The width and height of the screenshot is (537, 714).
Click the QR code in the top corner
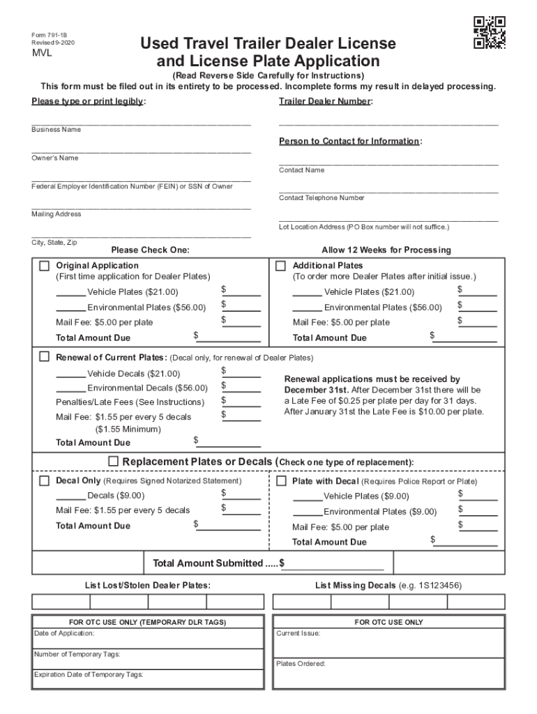(x=490, y=32)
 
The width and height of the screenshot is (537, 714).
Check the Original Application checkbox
(x=45, y=266)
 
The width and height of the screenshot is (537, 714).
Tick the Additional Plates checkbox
(x=281, y=266)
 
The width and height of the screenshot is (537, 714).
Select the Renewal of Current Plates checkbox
(x=45, y=357)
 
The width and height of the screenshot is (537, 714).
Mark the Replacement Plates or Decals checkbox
(x=113, y=462)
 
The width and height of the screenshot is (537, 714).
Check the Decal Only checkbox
(x=45, y=481)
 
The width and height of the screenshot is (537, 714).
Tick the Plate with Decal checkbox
(x=281, y=481)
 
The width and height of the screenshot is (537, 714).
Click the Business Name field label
(x=56, y=130)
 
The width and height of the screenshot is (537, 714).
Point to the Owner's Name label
(x=54, y=158)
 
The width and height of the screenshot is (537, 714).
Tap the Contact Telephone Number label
(x=322, y=198)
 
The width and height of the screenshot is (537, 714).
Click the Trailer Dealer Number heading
(x=325, y=102)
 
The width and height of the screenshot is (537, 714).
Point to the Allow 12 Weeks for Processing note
(x=386, y=250)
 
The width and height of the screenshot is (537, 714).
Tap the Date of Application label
(x=64, y=633)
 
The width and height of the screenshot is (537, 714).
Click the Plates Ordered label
(x=301, y=664)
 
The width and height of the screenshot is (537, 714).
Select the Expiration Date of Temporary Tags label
(x=89, y=675)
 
